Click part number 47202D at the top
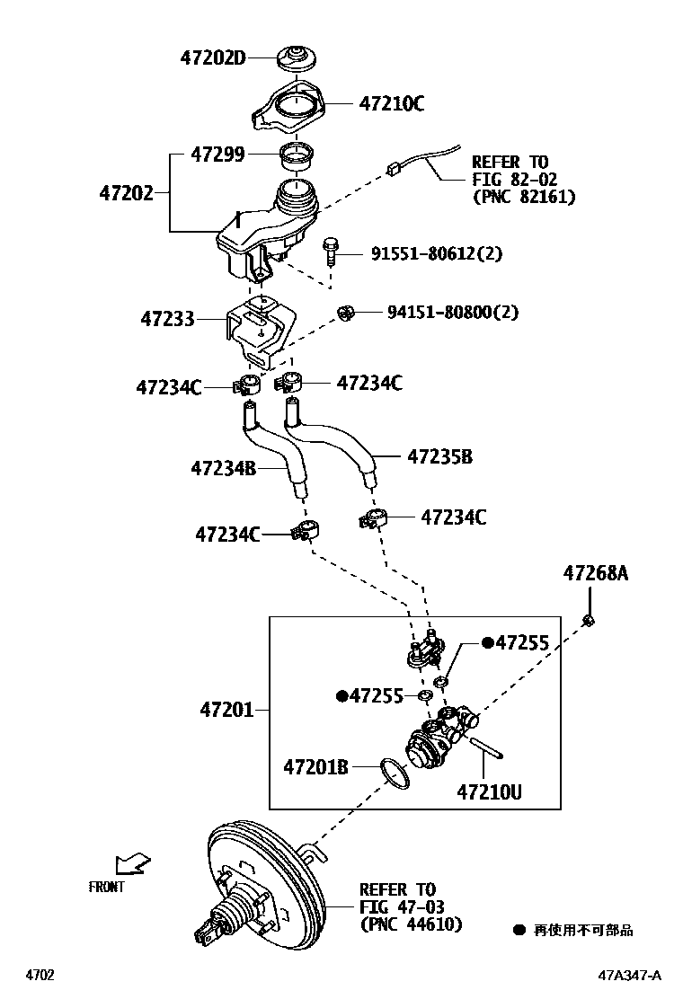pyautogui.click(x=212, y=58)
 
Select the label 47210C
pyautogui.click(x=392, y=103)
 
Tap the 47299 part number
pyautogui.click(x=217, y=155)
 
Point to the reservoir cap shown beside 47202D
pyautogui.click(x=295, y=58)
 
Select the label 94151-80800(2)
pyautogui.click(x=453, y=313)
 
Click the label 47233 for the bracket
pyautogui.click(x=167, y=318)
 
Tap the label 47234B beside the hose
pyautogui.click(x=224, y=468)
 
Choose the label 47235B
pyautogui.click(x=439, y=456)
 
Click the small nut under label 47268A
pyautogui.click(x=588, y=619)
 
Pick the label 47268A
pyautogui.click(x=596, y=571)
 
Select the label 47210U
pyautogui.click(x=489, y=792)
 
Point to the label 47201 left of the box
pyautogui.click(x=227, y=711)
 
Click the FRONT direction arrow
pyautogui.click(x=133, y=864)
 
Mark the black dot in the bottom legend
pyautogui.click(x=519, y=930)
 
